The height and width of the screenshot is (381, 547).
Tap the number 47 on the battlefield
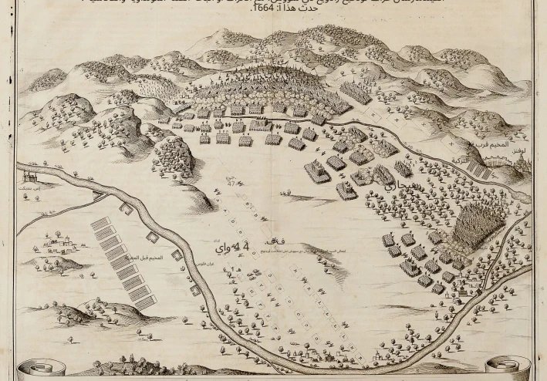point(230,182)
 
